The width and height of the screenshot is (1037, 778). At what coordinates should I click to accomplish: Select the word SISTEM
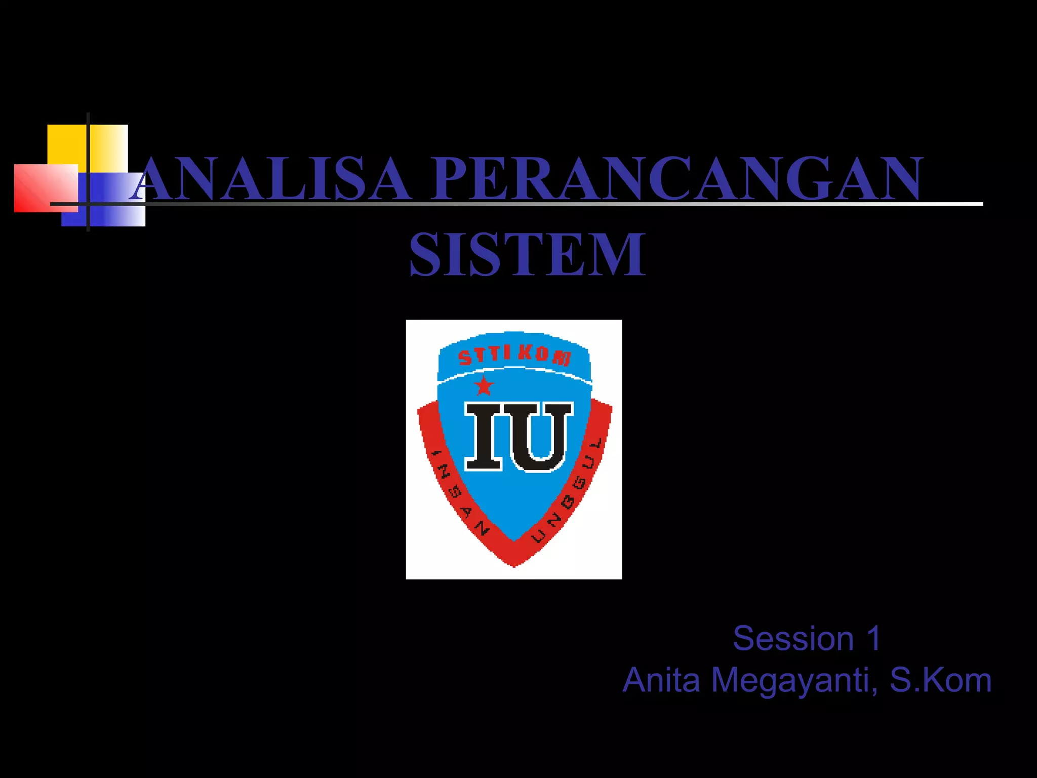[x=527, y=254]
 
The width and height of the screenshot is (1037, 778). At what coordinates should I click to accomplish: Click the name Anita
[x=661, y=680]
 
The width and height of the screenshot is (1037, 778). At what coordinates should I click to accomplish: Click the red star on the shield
[x=484, y=386]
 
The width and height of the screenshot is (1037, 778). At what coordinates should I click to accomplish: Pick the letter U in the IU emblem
[x=542, y=437]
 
